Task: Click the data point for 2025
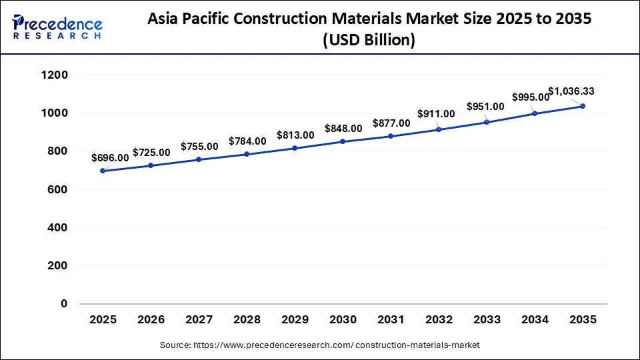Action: (103, 171)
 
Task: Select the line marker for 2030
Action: (343, 141)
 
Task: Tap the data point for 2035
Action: (583, 106)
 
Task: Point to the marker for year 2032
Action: (439, 129)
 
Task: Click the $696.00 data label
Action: (111, 158)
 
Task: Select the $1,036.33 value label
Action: (571, 91)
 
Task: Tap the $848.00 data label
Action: (343, 129)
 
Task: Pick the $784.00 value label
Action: (247, 141)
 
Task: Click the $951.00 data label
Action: (485, 107)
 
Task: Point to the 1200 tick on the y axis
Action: (55, 75)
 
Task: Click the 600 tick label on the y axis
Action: (57, 189)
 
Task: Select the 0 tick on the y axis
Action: (65, 304)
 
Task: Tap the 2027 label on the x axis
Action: (199, 320)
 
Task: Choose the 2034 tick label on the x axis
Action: (535, 320)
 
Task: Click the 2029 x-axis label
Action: (295, 320)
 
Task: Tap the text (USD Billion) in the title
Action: (369, 41)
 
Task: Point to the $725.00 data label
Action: (151, 153)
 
